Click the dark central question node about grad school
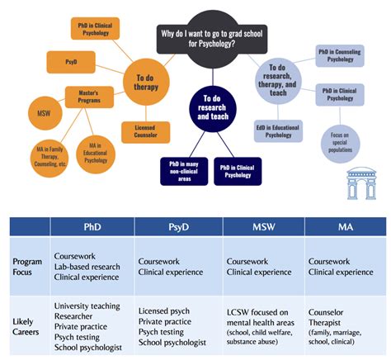[212, 37]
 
